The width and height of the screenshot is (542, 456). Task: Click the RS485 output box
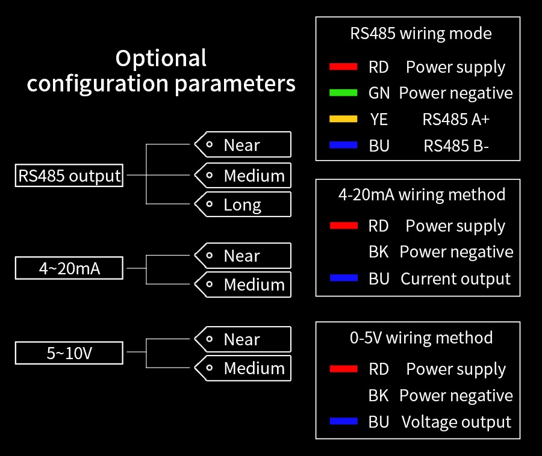pyautogui.click(x=69, y=176)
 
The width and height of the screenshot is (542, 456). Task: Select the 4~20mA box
pyautogui.click(x=69, y=268)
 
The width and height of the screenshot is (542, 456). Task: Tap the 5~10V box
pyautogui.click(x=69, y=353)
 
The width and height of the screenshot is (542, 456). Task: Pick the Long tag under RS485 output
pyautogui.click(x=242, y=205)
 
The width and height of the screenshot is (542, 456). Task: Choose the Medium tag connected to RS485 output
pyautogui.click(x=242, y=176)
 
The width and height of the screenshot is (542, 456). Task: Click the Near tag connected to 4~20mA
pyautogui.click(x=242, y=256)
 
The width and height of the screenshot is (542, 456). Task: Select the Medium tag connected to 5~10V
pyautogui.click(x=242, y=368)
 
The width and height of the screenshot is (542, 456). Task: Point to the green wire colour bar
pyautogui.click(x=343, y=93)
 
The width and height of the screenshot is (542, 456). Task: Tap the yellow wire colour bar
pyautogui.click(x=343, y=119)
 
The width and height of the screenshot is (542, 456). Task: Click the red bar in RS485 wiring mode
pyautogui.click(x=343, y=67)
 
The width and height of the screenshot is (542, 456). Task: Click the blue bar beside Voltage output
pyautogui.click(x=343, y=422)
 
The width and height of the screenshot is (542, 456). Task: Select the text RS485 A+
pyautogui.click(x=456, y=119)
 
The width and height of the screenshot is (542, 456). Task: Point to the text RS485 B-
pyautogui.click(x=456, y=146)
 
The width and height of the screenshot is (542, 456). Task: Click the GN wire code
pyautogui.click(x=379, y=93)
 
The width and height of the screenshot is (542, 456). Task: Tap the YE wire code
pyautogui.click(x=379, y=119)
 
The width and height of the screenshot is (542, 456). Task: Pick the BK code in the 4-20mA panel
pyautogui.click(x=379, y=252)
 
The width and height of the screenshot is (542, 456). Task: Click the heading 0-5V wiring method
pyautogui.click(x=421, y=337)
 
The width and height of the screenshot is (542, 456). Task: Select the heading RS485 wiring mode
pyautogui.click(x=421, y=33)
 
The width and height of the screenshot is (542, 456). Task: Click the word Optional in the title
pyautogui.click(x=161, y=58)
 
